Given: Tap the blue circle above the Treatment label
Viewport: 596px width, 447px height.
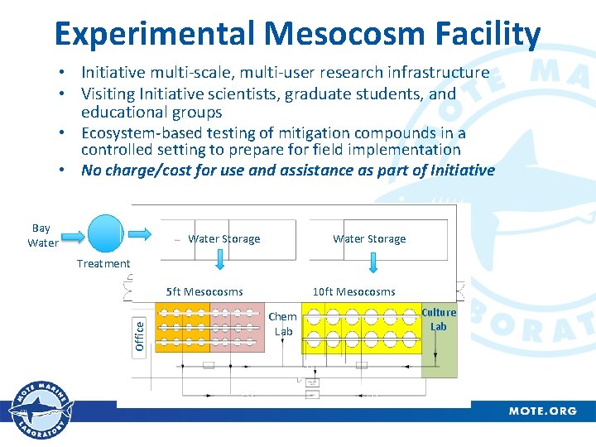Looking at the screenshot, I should [x=105, y=233].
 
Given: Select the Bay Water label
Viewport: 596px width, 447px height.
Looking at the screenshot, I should [x=42, y=235].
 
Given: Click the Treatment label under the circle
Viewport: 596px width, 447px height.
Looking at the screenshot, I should [x=103, y=263].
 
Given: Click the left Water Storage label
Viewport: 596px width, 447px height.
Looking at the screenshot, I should [x=223, y=238].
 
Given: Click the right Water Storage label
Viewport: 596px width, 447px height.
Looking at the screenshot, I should [x=369, y=238].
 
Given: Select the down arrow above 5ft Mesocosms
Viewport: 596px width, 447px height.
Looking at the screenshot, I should [x=220, y=262].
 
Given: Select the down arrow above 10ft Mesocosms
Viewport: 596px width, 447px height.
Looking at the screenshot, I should [x=373, y=262].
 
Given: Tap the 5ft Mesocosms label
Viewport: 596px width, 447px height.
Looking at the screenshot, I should [x=204, y=291].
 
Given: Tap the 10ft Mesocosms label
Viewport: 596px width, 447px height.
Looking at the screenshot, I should [x=353, y=291].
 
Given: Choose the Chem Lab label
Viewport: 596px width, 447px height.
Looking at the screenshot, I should [x=283, y=324].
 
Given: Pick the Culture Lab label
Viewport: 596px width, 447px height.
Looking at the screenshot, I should [x=439, y=320].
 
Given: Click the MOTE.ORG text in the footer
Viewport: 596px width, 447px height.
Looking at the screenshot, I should [x=542, y=411].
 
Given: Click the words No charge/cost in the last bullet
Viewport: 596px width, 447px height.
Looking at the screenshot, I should [x=135, y=171].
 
